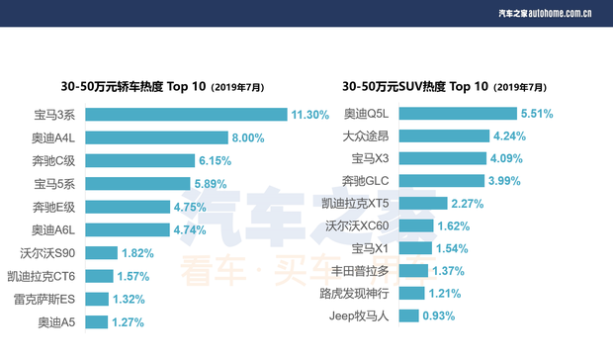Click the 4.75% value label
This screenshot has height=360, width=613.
coord(190,207)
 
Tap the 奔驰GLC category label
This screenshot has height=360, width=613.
coord(369,180)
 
